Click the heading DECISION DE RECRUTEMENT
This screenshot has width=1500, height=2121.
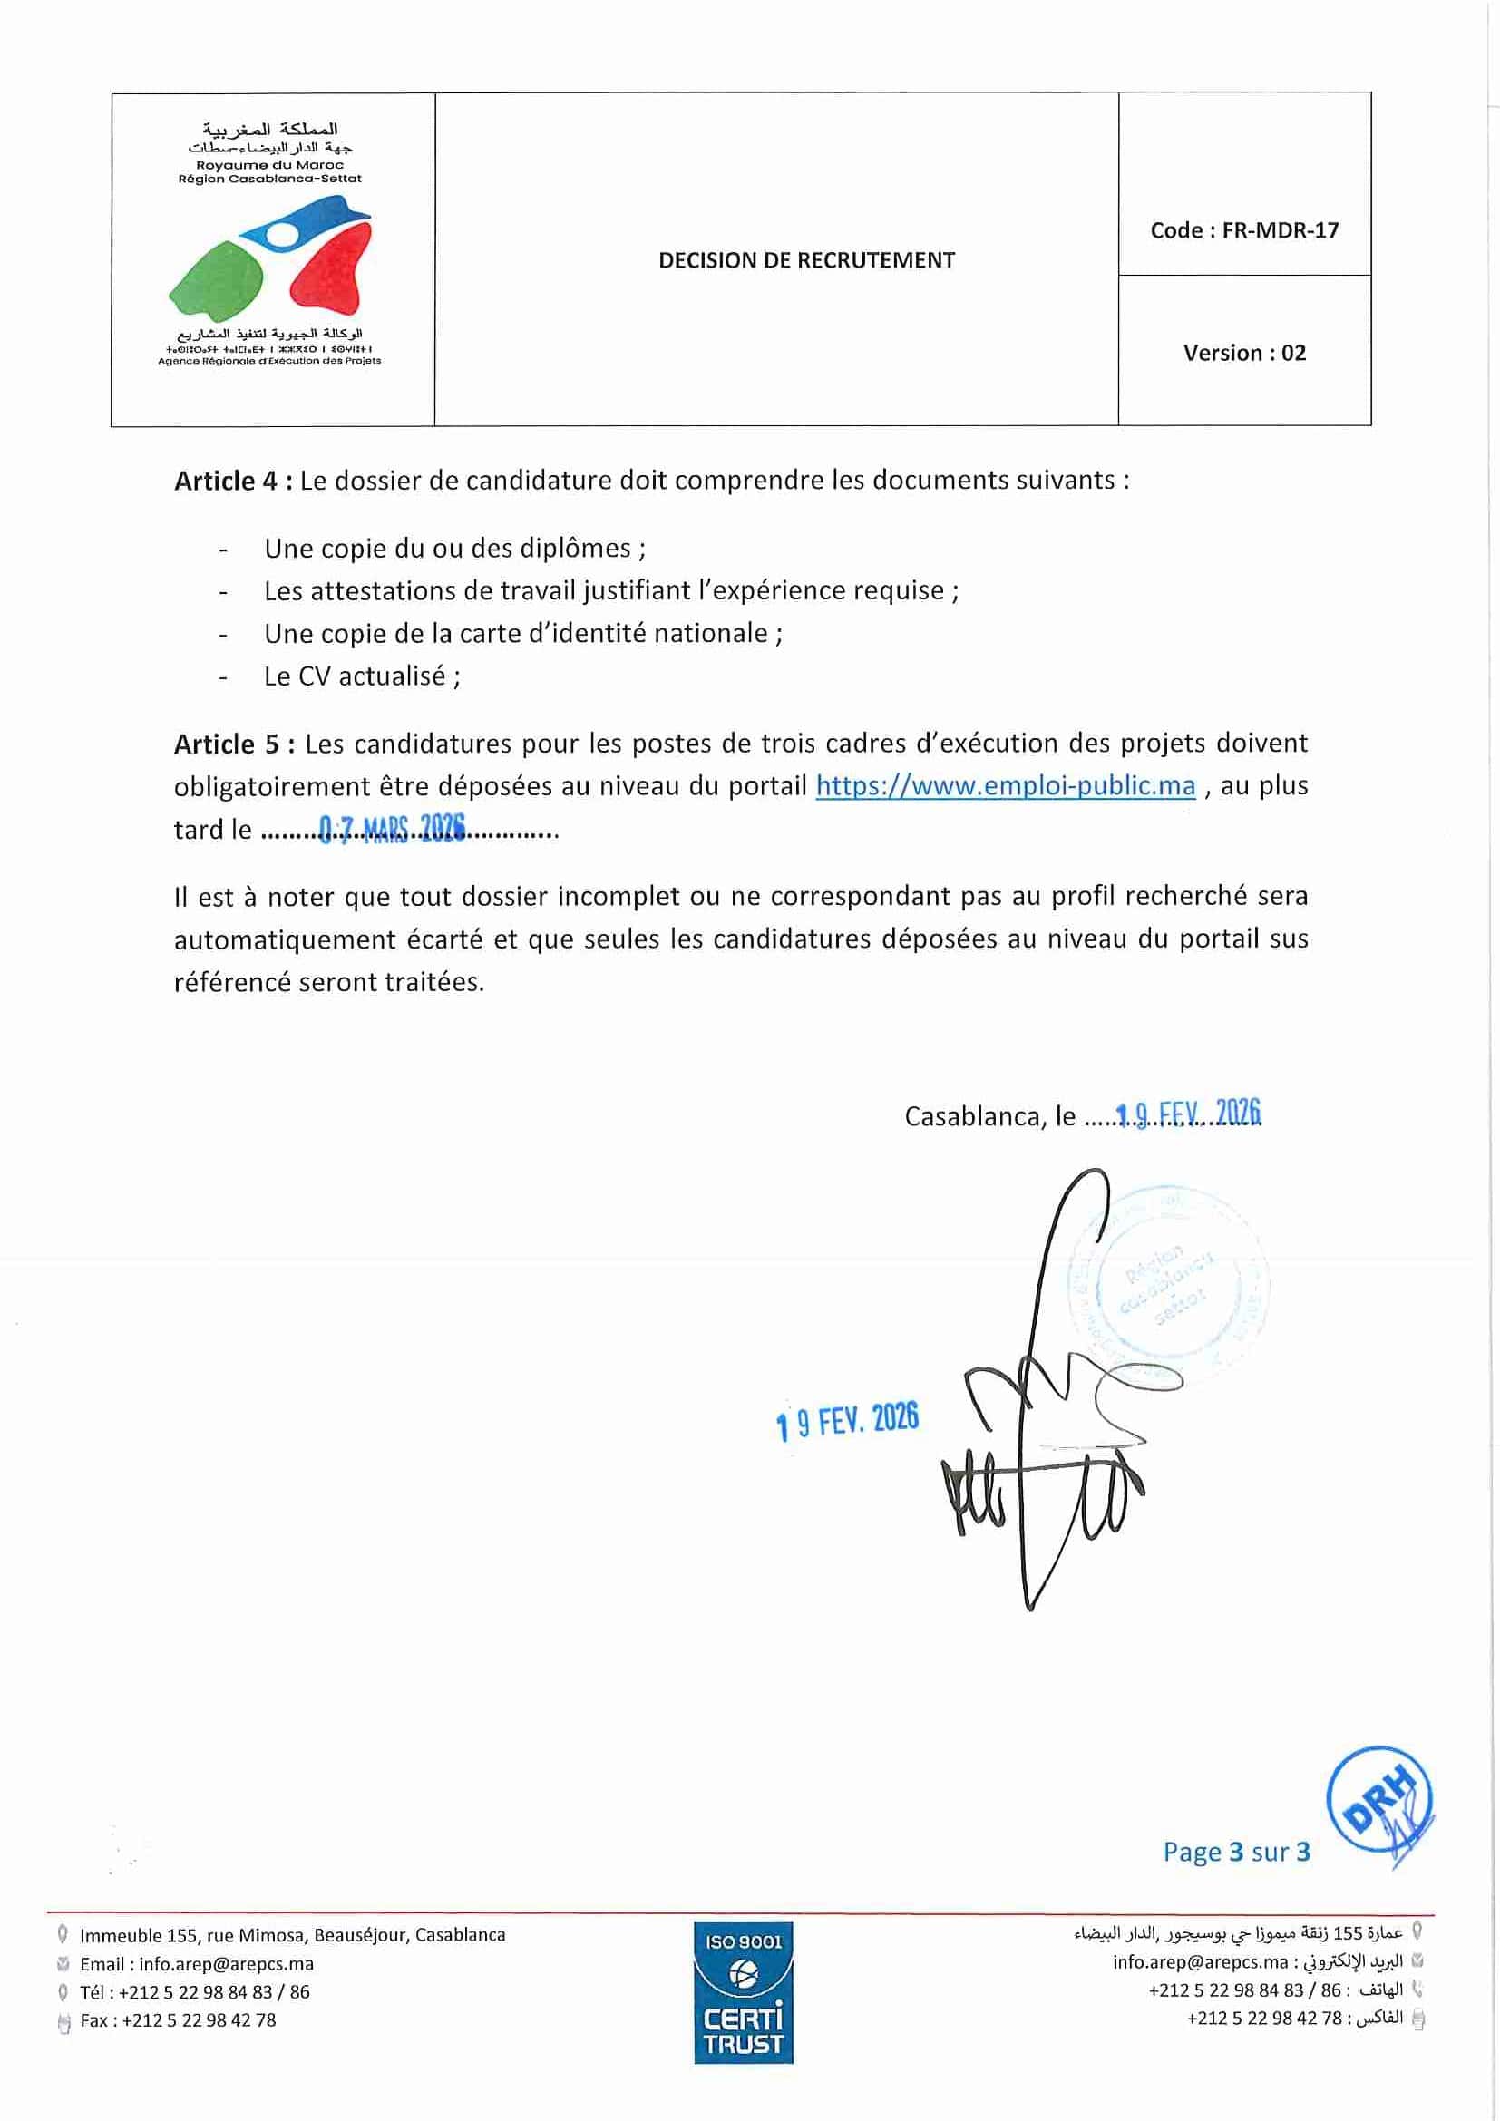tap(806, 260)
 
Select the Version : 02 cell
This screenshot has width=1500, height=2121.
tap(1244, 353)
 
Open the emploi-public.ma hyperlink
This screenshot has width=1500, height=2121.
tap(1006, 786)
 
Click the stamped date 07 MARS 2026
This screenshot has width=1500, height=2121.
tap(392, 829)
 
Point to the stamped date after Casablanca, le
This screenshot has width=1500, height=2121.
tap(1189, 1114)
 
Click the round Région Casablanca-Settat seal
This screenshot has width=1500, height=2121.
tap(1167, 1283)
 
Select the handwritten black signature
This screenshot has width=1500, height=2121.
tap(1044, 1441)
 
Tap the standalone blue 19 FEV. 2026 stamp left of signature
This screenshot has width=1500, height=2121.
tap(847, 1421)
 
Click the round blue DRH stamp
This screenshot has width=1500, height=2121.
tap(1379, 1799)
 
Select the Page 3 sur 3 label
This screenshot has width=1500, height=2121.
tap(1236, 1853)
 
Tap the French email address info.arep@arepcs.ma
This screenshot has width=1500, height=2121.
tap(227, 1964)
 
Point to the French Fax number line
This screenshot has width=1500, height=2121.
tap(178, 2020)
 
